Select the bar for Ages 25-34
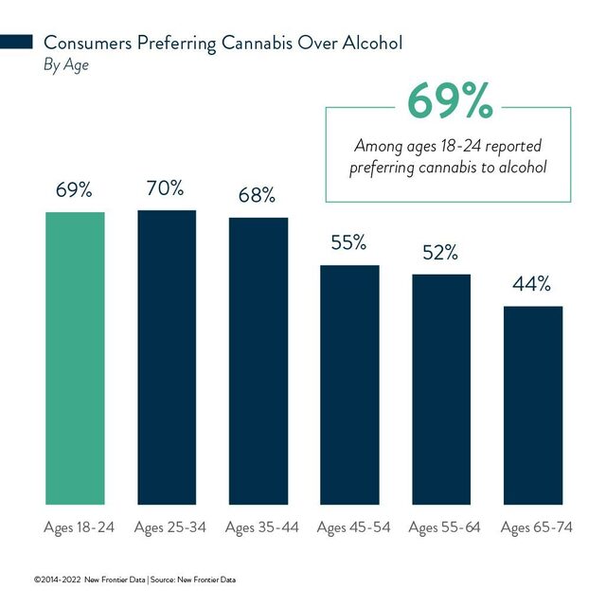167,357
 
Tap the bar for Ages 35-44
258,361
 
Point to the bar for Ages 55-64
441,389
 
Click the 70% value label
165,188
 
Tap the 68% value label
257,196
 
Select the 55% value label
348,243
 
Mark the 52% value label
440,253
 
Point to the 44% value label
532,285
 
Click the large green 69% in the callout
449,101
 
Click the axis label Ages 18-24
79,526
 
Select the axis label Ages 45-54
353,526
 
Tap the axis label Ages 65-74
537,526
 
